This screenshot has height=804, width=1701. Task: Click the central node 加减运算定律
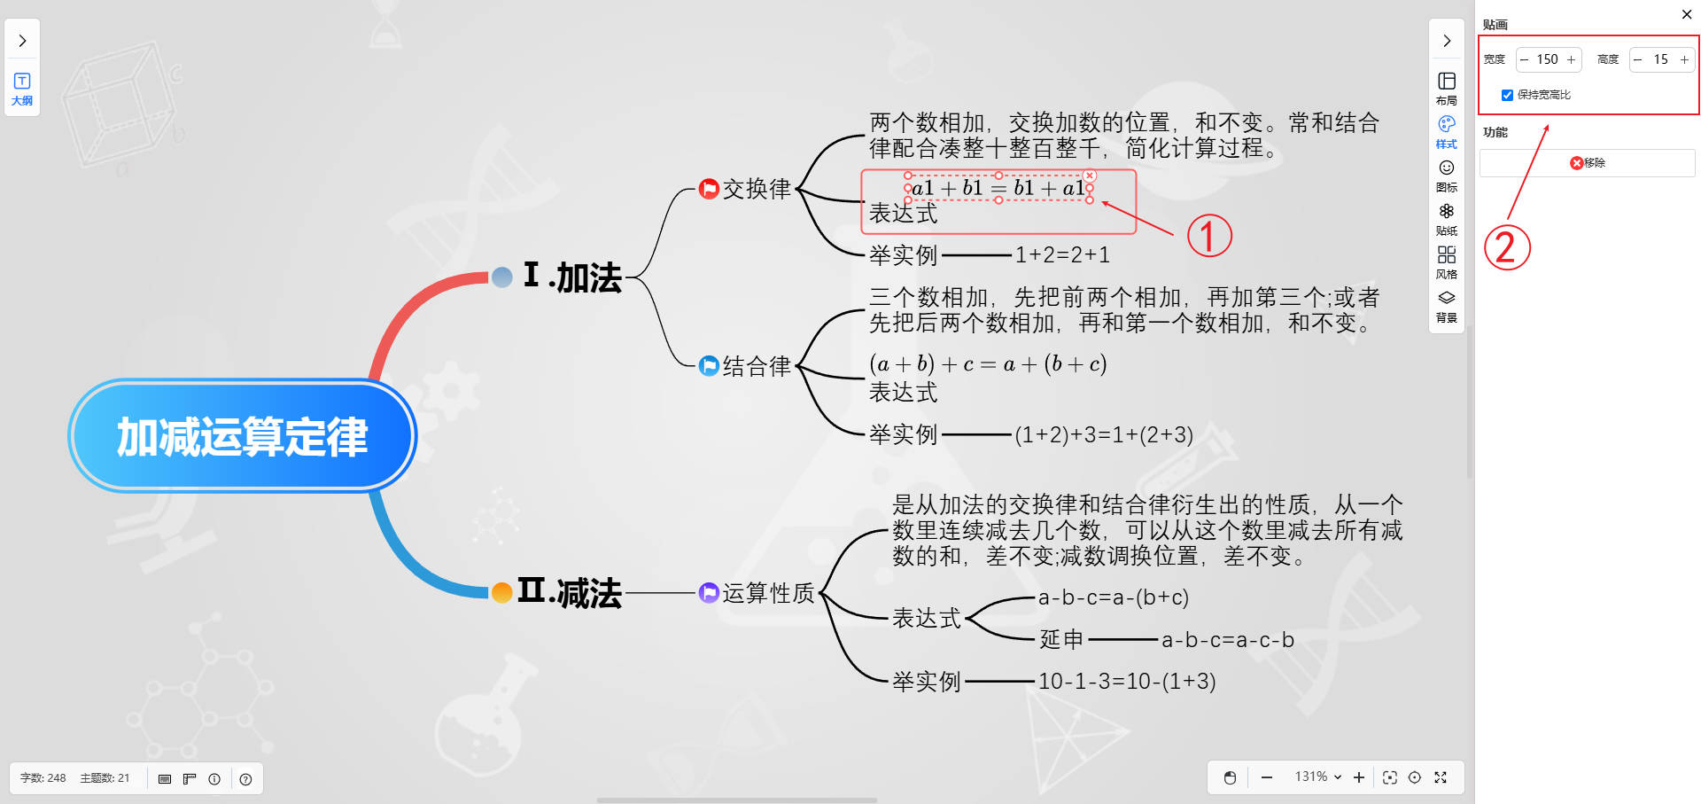(x=242, y=435)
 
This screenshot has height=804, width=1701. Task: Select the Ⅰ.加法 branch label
(x=572, y=277)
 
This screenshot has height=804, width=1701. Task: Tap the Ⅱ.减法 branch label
(x=570, y=591)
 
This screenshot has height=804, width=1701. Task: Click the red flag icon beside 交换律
(x=709, y=189)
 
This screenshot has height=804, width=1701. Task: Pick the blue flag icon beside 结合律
(x=709, y=366)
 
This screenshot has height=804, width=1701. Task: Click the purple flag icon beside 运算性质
(x=709, y=592)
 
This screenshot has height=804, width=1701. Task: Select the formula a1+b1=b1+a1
(x=998, y=188)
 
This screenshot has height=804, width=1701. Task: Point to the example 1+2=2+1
(x=1062, y=255)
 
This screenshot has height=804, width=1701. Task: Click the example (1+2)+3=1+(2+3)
(x=1104, y=435)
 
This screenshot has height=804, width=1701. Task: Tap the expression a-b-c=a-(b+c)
(x=1114, y=597)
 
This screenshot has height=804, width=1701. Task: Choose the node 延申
(x=1061, y=639)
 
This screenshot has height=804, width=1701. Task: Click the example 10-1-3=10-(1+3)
(x=1127, y=682)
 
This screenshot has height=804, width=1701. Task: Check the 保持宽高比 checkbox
(x=1507, y=95)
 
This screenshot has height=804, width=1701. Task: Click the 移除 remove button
(x=1588, y=163)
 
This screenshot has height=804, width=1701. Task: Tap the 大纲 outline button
(x=22, y=89)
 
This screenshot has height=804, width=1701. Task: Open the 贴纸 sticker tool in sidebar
(x=1447, y=218)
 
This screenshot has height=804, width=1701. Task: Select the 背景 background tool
(x=1447, y=305)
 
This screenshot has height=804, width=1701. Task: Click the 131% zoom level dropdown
(x=1317, y=777)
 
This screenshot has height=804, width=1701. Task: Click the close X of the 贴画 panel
(x=1687, y=14)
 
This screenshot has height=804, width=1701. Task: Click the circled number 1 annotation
(x=1209, y=236)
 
